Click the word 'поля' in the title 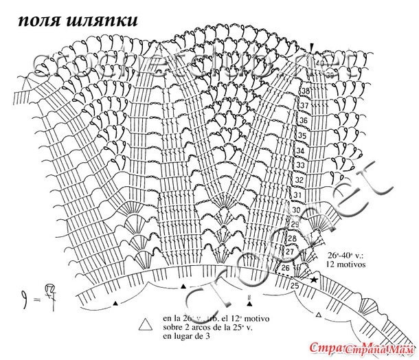coord(39,20)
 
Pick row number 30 coord(296,210)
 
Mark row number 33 coord(299,166)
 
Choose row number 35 coord(301,135)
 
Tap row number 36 coord(302,120)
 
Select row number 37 coord(304,106)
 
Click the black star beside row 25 coord(314,280)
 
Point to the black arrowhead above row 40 coord(313,47)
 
